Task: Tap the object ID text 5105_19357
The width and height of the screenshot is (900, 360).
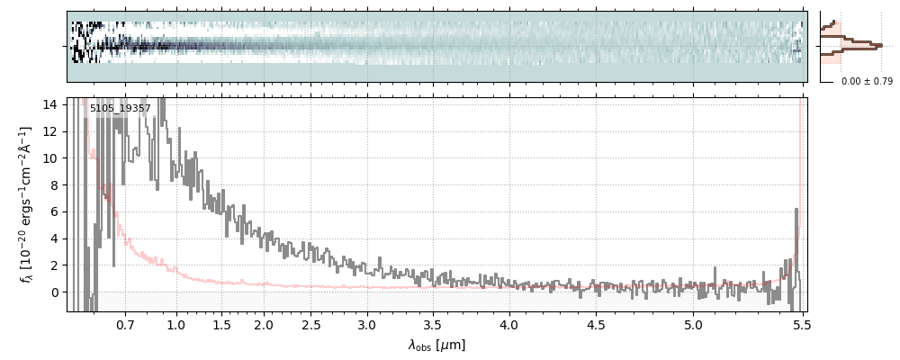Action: click(120, 109)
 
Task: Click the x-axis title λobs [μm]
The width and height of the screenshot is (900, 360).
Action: click(436, 345)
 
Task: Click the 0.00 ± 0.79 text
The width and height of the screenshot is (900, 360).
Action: click(867, 82)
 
